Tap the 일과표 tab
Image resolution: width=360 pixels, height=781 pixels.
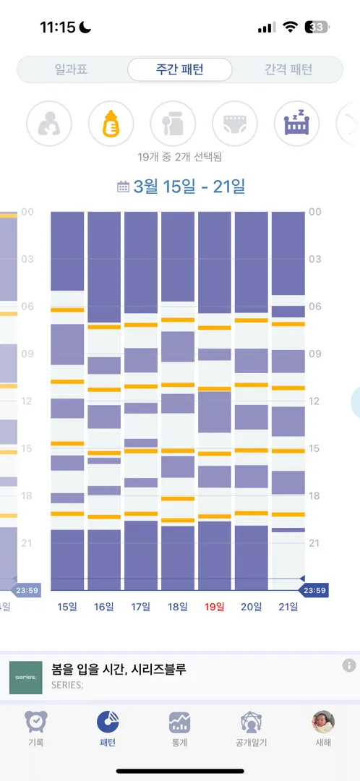(71, 69)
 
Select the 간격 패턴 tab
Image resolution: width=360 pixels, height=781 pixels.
(288, 69)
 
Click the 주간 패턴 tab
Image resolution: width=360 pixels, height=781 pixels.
(180, 69)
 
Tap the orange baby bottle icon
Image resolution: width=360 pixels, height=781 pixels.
(111, 124)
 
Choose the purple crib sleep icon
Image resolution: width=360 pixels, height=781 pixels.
(297, 124)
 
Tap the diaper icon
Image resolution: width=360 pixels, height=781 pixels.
(235, 124)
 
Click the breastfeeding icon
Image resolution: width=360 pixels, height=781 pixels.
(49, 124)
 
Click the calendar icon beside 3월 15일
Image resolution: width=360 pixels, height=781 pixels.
(122, 187)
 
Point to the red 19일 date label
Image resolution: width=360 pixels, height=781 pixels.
(215, 607)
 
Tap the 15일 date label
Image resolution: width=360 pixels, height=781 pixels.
(67, 607)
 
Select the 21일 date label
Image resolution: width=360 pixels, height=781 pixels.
(288, 607)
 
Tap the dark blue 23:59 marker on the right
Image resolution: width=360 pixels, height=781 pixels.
(314, 592)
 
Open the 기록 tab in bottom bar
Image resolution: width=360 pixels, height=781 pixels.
(36, 729)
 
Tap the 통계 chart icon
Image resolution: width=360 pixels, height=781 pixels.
(179, 722)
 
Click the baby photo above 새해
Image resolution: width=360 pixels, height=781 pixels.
(323, 722)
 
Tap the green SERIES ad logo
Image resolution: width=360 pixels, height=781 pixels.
(26, 678)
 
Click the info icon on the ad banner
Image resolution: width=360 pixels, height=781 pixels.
(349, 665)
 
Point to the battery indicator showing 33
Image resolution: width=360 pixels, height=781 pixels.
(317, 27)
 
